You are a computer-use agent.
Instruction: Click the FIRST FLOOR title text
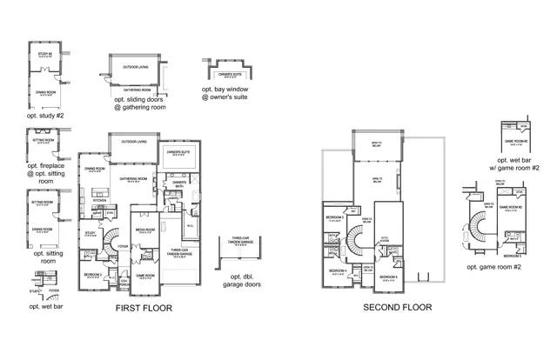point(144,308)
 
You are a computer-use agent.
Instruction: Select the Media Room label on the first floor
point(144,230)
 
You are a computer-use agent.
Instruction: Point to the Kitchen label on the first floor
point(99,199)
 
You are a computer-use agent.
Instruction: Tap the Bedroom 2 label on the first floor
point(94,274)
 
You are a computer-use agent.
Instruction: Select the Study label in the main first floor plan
point(90,232)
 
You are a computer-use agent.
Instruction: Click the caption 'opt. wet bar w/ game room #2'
point(519,165)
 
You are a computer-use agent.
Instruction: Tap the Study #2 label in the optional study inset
point(45,55)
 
